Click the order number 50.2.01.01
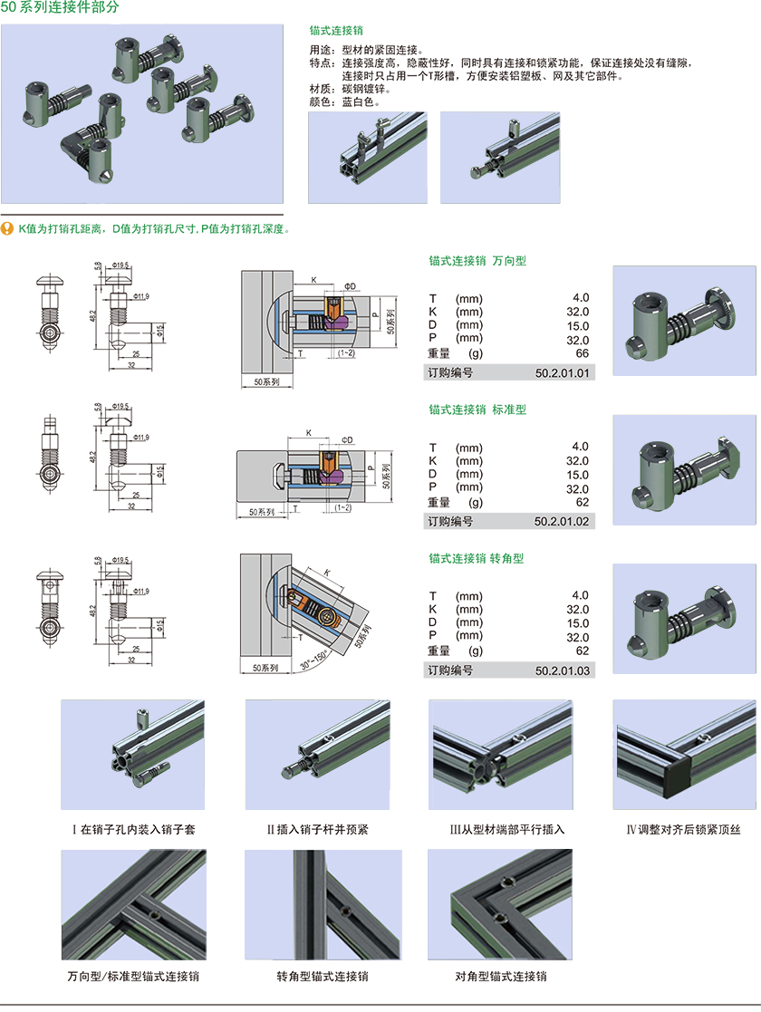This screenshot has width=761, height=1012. pos(562,372)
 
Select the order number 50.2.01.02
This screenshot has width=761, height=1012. pos(562,521)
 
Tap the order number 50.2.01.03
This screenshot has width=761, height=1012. pos(562,670)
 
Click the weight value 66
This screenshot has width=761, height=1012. pos(582,352)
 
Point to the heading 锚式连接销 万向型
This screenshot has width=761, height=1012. pos(477,261)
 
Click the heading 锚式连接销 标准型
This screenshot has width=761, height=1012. pos(477,410)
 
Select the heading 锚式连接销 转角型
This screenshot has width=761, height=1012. pos(477,558)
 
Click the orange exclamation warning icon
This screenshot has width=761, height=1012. pos(7,228)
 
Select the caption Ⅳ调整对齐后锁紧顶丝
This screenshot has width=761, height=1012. pos(684,829)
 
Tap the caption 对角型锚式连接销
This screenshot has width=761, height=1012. pos(501,977)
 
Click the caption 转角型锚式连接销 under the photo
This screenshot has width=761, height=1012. pos(323,977)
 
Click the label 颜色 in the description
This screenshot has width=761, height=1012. pos(322,101)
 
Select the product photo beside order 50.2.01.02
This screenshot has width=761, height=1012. pos(685,469)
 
